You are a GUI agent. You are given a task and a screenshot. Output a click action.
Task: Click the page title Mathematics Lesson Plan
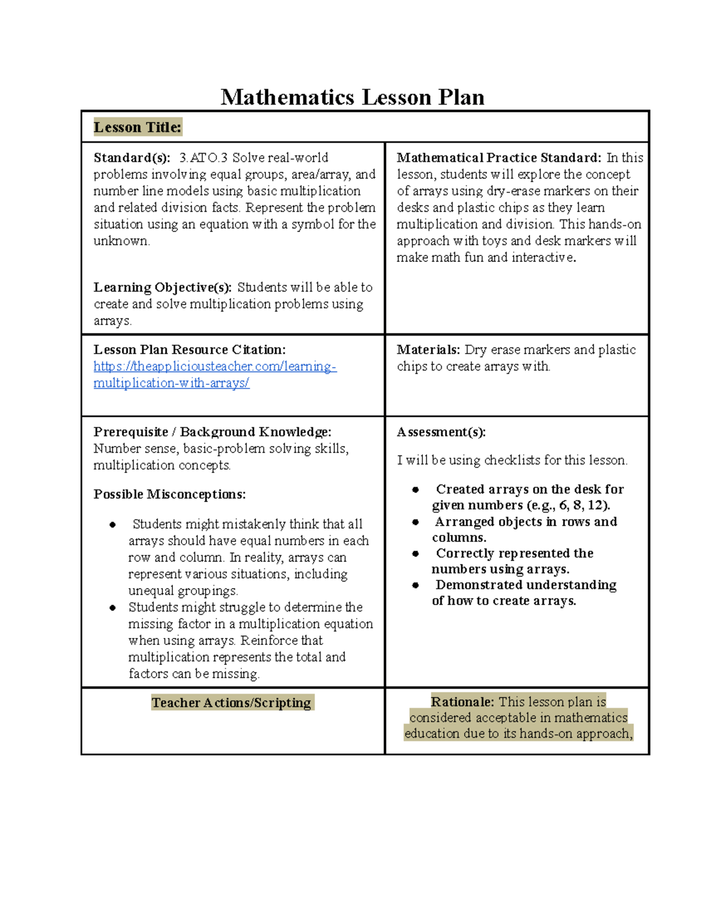[352, 97]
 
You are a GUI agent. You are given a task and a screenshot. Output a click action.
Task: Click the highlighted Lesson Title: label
[138, 127]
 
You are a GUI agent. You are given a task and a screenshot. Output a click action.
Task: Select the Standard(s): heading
[132, 158]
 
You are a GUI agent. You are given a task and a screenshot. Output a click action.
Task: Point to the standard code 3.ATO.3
[203, 158]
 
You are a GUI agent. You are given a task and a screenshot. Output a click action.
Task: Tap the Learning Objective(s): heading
[162, 287]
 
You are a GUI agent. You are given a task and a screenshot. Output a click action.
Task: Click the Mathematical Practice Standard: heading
[499, 158]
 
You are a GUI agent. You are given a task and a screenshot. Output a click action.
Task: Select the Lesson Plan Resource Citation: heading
[189, 350]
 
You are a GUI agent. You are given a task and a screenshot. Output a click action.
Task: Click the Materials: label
[428, 350]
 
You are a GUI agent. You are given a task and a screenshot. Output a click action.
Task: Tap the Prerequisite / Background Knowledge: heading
[212, 432]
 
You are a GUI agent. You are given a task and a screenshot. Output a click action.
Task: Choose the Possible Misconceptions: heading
[169, 494]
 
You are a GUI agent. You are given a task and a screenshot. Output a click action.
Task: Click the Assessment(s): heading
[441, 432]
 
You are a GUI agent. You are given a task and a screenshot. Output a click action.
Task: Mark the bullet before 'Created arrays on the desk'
[415, 490]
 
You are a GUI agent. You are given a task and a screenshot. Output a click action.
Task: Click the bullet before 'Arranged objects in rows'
[415, 522]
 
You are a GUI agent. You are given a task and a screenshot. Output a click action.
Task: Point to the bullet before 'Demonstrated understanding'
[415, 585]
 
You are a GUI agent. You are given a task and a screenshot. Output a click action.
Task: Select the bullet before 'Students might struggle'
[112, 607]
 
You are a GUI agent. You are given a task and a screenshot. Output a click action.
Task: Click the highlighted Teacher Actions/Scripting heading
[231, 703]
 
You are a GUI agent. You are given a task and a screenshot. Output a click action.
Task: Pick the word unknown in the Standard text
[121, 241]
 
